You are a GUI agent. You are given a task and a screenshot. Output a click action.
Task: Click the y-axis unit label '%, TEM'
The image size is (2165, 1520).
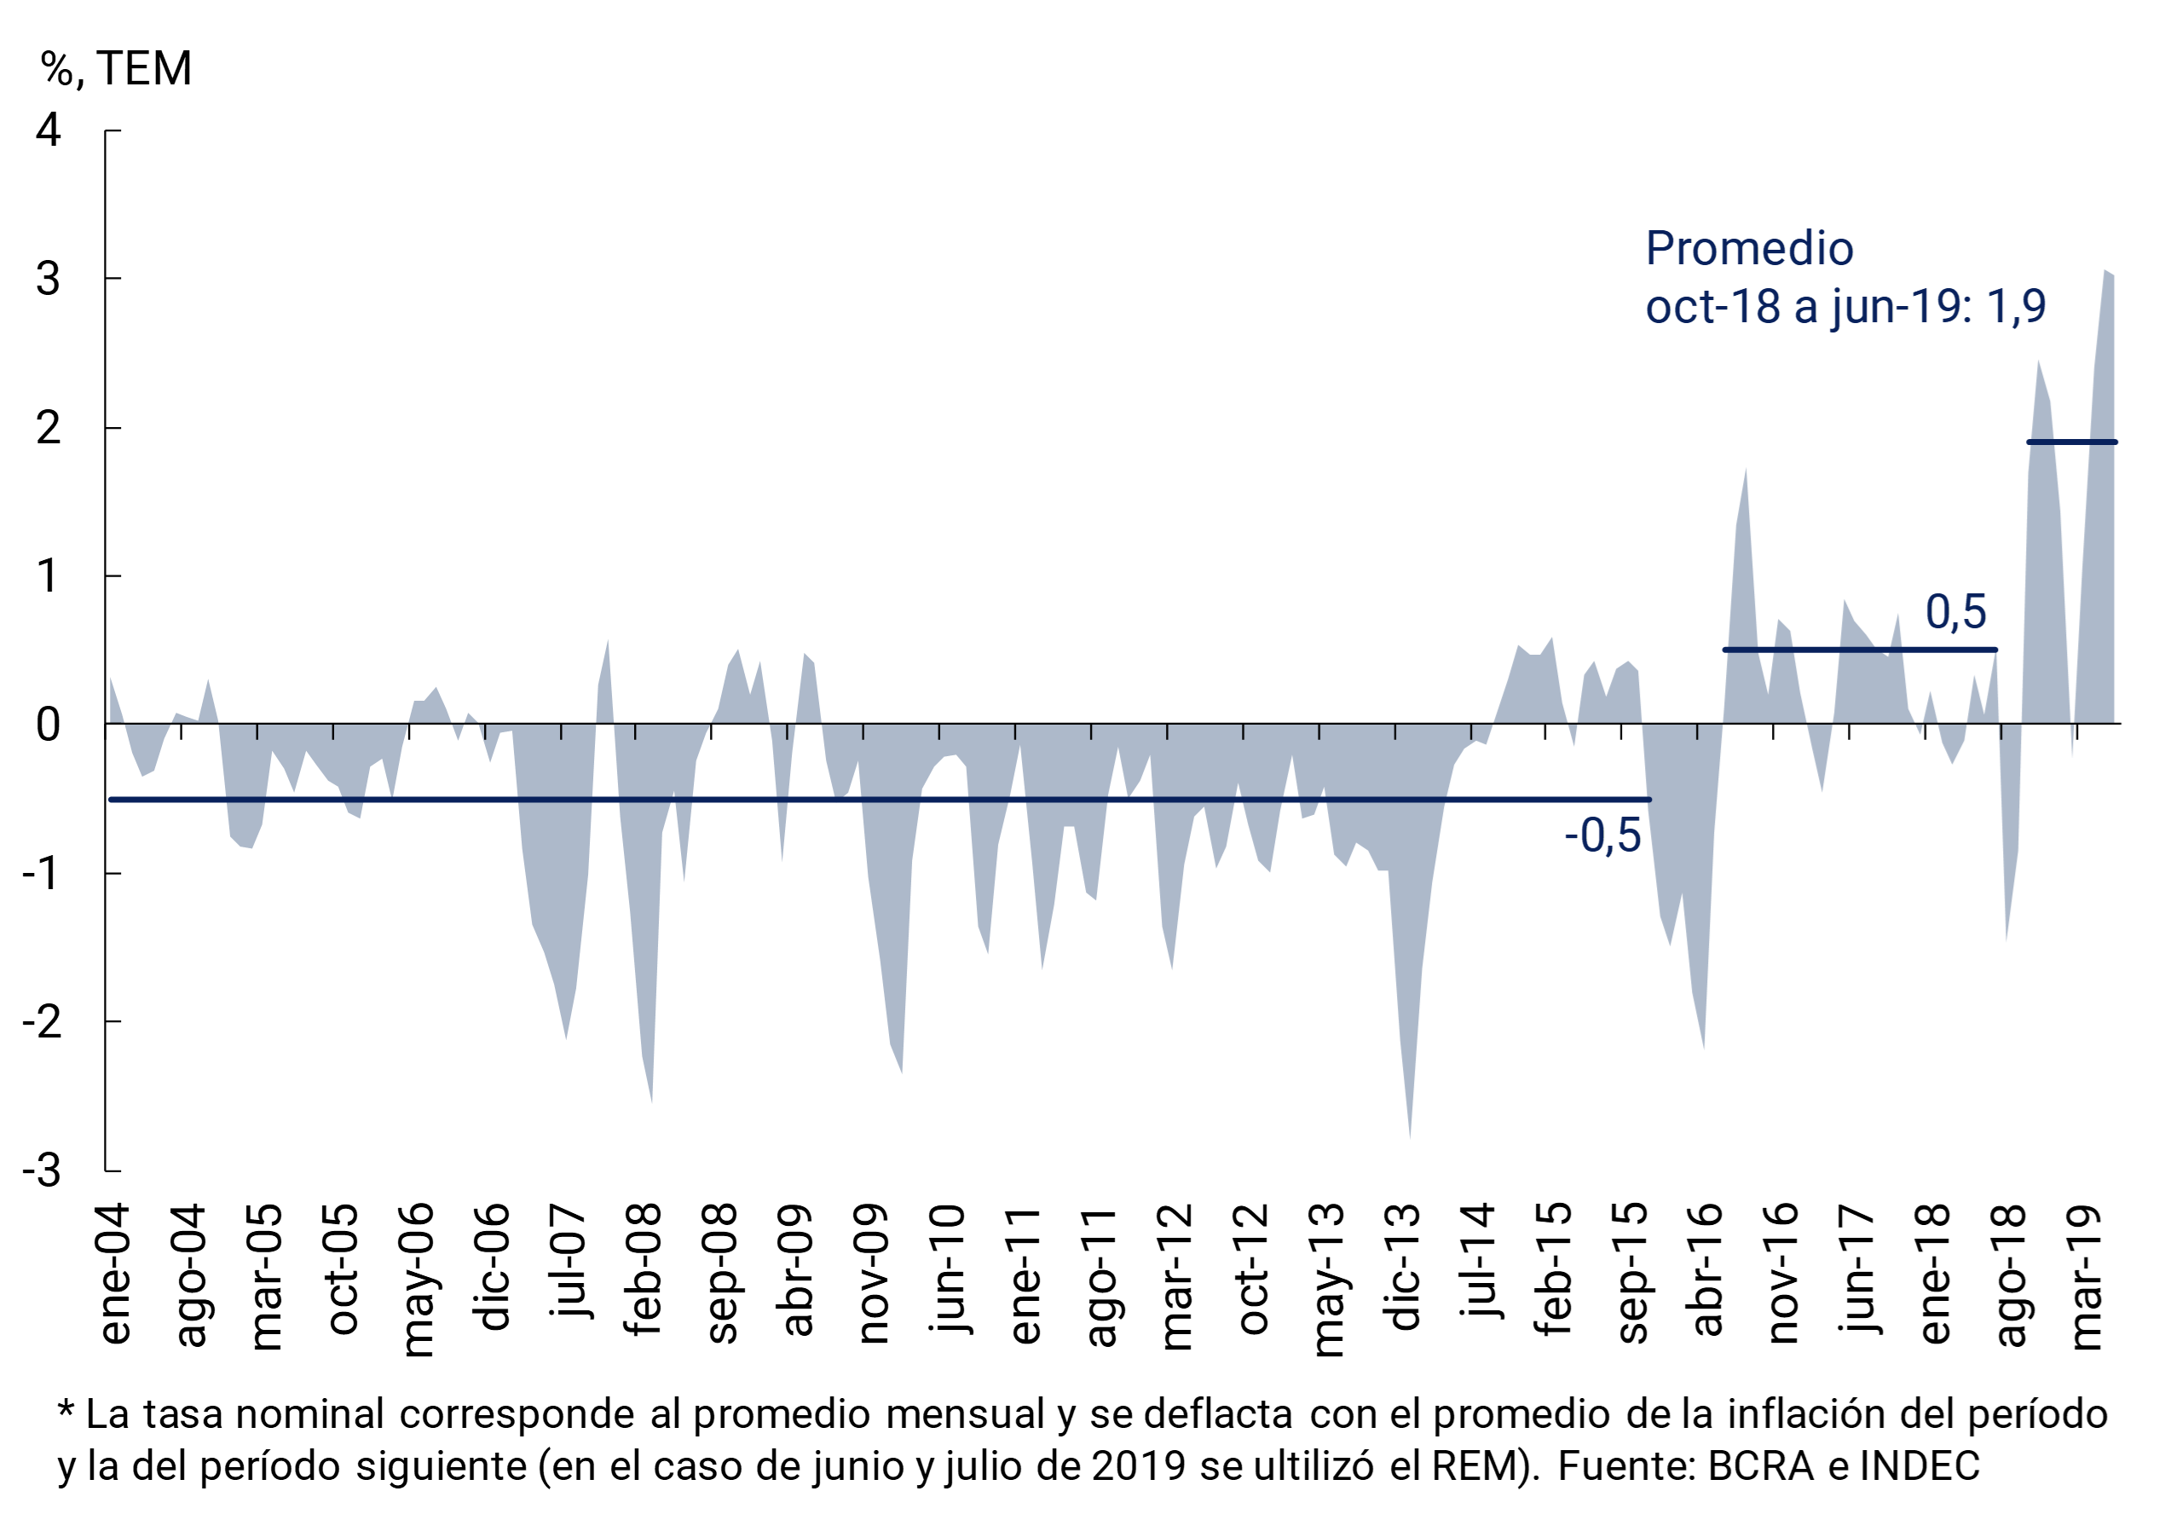[x=116, y=69]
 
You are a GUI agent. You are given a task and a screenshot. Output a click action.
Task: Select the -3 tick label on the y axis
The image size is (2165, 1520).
[x=42, y=1170]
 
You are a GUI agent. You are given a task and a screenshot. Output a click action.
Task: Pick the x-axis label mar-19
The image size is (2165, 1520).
[x=2087, y=1277]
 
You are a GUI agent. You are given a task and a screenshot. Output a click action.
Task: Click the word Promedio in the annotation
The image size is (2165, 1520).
[x=1749, y=249]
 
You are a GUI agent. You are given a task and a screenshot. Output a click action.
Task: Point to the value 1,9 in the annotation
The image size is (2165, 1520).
[x=2016, y=305]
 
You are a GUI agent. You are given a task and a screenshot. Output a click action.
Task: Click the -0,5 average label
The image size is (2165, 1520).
[x=1602, y=835]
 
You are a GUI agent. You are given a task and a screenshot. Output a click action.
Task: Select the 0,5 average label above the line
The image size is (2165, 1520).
[x=1955, y=612]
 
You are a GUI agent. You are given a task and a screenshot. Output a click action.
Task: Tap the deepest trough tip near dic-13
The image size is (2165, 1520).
[x=1410, y=1136]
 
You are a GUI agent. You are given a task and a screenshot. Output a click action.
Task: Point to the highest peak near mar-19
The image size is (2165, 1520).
[x=2104, y=273]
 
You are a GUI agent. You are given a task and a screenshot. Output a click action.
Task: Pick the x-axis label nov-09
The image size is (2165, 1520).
[x=873, y=1273]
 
